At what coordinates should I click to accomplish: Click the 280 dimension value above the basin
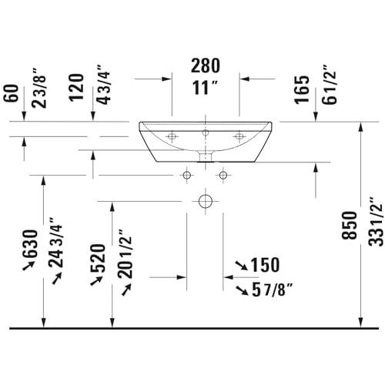[206, 65]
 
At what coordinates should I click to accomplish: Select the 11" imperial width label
[205, 88]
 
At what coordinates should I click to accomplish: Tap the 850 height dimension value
[350, 226]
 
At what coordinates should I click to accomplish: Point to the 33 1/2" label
[376, 222]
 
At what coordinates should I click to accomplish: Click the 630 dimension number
[30, 243]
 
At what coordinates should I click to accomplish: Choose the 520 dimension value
[98, 258]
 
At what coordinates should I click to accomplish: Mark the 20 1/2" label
[125, 253]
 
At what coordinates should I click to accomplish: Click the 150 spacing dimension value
[265, 265]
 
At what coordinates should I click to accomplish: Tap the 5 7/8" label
[273, 290]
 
